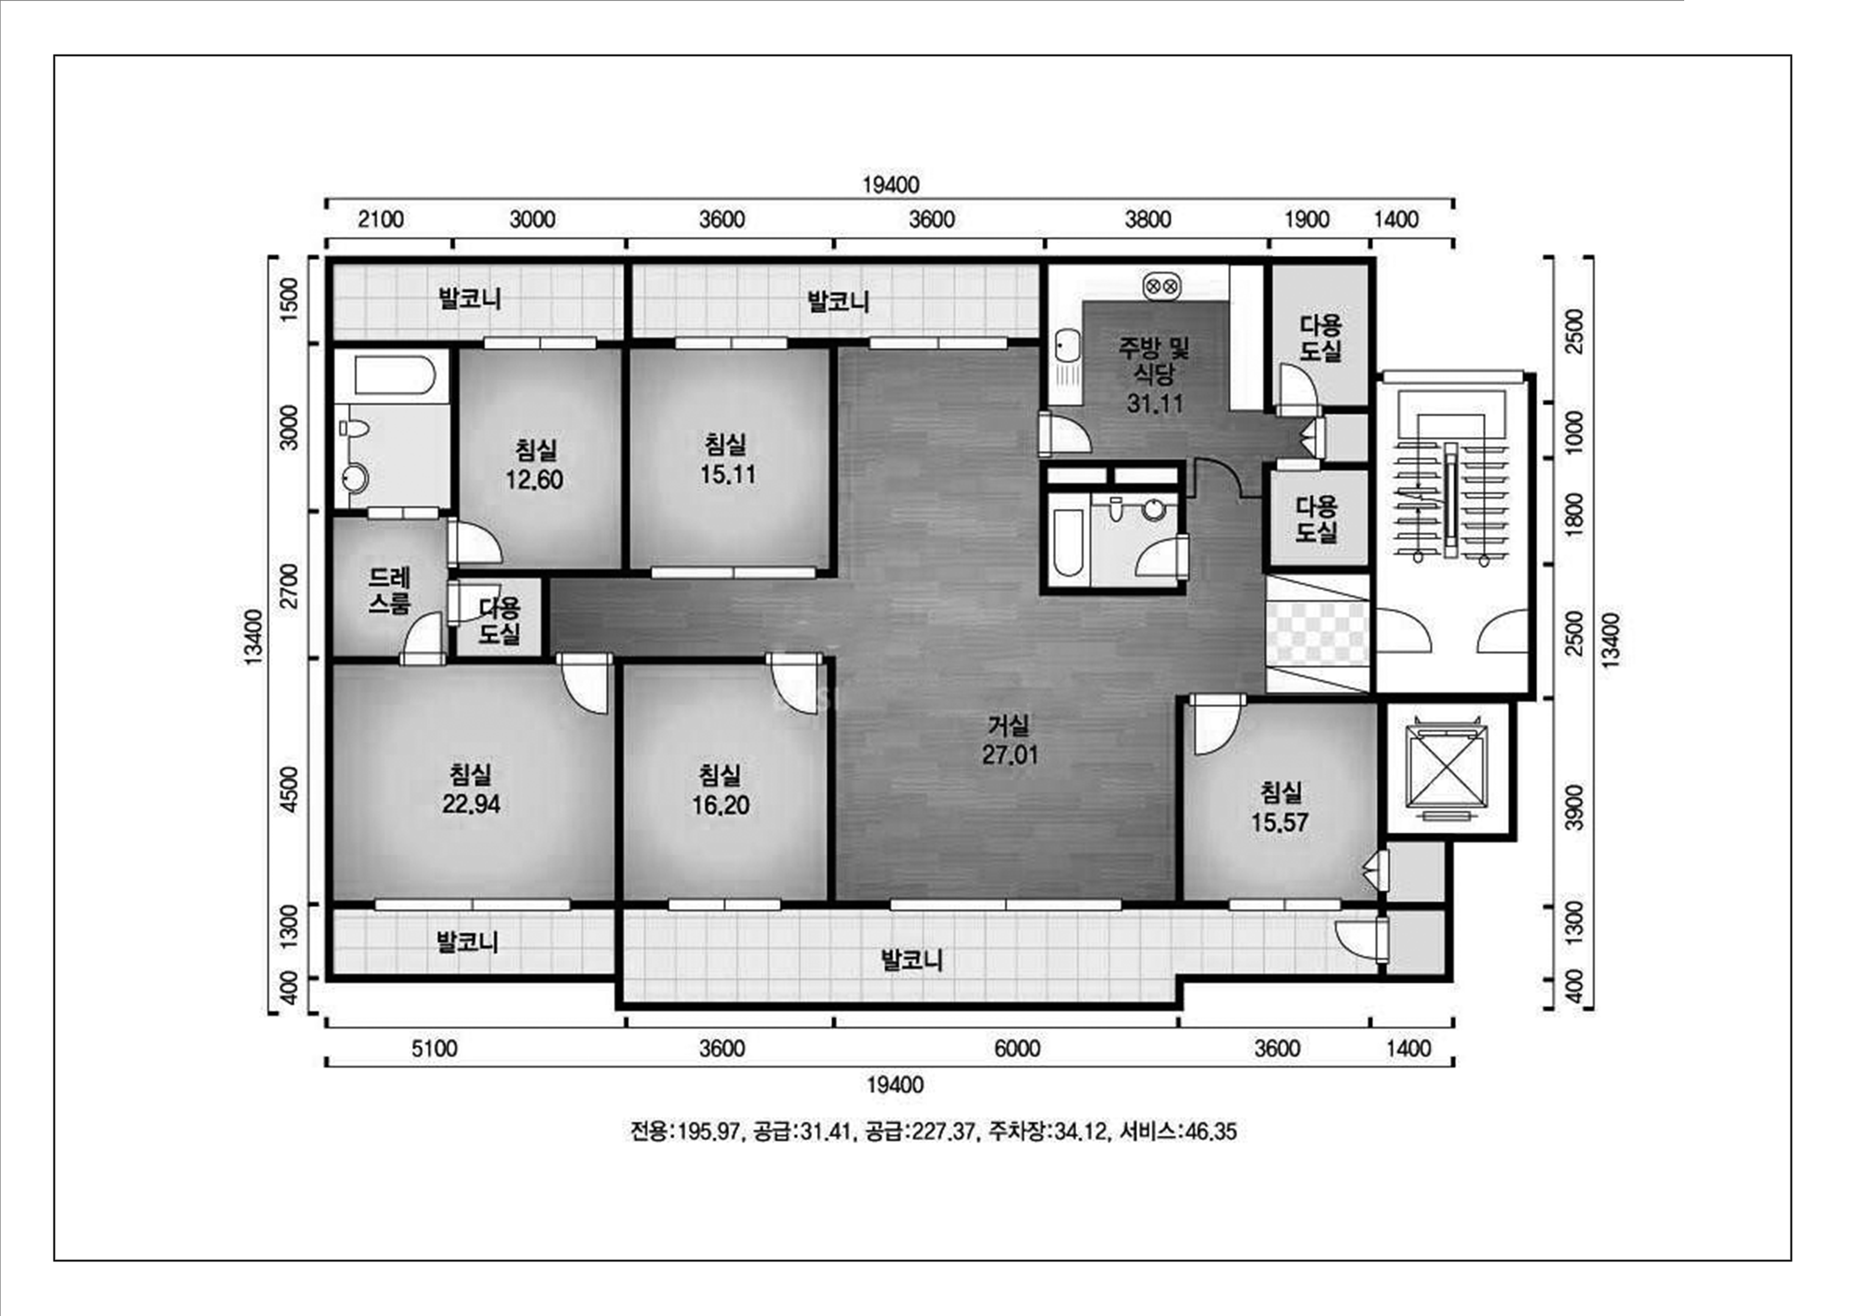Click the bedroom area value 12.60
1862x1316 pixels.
point(534,480)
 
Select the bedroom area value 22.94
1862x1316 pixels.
point(471,804)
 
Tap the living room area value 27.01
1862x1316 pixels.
point(1010,755)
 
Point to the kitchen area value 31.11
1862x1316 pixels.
point(1155,403)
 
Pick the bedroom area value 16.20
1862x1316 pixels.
point(720,805)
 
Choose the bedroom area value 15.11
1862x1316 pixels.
point(727,474)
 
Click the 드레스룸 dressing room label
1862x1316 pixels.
point(390,590)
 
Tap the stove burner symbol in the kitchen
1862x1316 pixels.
point(1161,285)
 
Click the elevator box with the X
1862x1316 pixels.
point(1449,769)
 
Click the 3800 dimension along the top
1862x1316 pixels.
point(1148,220)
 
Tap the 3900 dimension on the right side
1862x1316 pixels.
point(1574,807)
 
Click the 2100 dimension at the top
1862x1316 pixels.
point(380,220)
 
